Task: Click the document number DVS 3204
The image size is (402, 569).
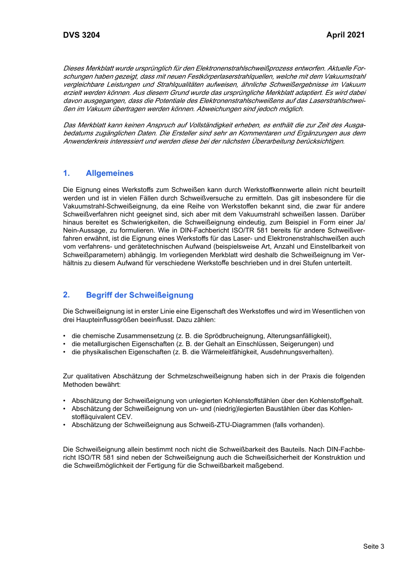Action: click(81, 35)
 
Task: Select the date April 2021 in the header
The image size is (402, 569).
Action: click(345, 35)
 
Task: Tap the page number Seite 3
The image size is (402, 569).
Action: click(373, 546)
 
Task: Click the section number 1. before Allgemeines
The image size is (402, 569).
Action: click(66, 173)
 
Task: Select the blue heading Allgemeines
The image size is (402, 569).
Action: click(109, 173)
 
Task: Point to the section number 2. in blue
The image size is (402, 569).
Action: click(66, 295)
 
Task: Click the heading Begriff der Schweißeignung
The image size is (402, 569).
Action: click(140, 295)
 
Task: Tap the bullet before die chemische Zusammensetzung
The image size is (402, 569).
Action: click(65, 336)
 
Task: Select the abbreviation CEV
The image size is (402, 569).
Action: click(124, 417)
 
